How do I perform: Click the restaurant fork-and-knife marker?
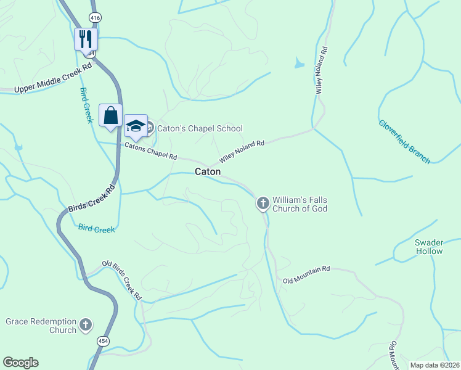coord(86,39)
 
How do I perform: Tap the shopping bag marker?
coord(110,115)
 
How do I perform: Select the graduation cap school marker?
coord(136,126)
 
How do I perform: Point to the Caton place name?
coord(208,171)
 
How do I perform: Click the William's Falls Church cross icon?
coord(263,202)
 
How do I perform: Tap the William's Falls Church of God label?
coord(301,204)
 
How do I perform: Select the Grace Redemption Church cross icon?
coord(86,324)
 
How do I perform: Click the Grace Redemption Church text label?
coord(41,326)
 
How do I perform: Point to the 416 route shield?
coord(95,18)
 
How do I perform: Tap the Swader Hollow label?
coord(428,247)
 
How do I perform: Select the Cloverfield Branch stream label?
coord(404,141)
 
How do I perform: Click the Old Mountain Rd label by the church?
coord(306,275)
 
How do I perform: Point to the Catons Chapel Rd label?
coord(150,152)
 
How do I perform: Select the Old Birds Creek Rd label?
coord(122,279)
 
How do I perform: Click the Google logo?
coord(21,363)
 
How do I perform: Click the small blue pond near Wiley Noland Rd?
coord(299,63)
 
